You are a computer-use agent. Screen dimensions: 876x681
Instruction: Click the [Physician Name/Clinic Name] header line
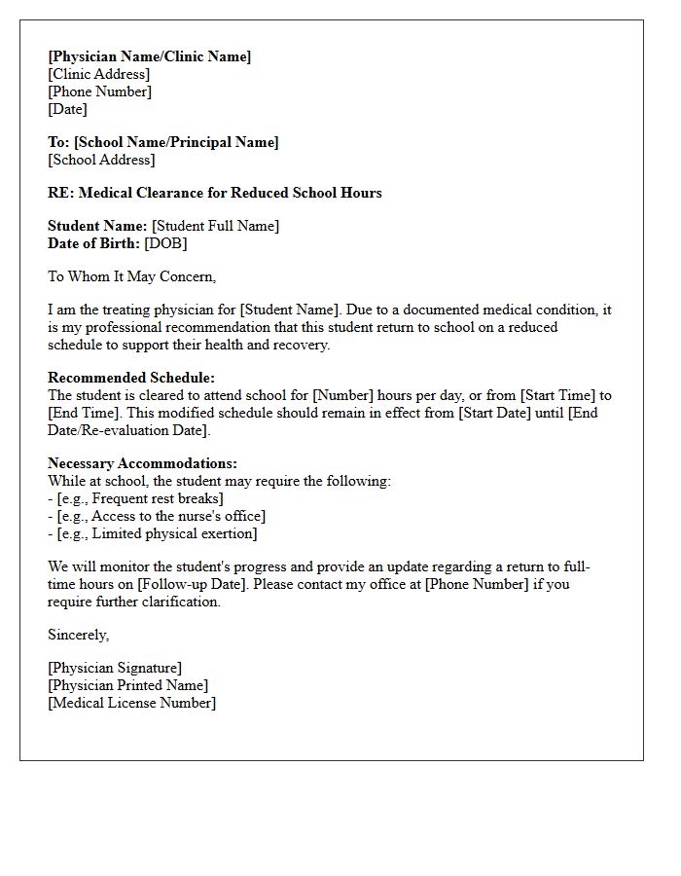click(149, 56)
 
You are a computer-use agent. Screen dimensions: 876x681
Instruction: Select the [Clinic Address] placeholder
click(98, 74)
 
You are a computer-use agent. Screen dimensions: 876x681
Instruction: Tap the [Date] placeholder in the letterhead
click(67, 109)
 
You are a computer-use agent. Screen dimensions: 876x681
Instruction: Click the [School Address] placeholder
click(101, 160)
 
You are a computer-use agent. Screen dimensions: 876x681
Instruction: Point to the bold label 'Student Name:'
click(97, 226)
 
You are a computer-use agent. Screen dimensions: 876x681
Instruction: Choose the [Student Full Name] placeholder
click(215, 226)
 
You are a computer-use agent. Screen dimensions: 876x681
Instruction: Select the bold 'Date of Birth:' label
click(94, 243)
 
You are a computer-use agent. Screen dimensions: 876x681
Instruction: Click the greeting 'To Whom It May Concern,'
click(131, 276)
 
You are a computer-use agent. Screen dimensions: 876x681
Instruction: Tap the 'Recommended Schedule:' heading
click(131, 378)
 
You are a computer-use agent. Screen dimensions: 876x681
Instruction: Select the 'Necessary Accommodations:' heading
click(142, 463)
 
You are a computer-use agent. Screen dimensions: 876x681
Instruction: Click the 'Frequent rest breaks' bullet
click(140, 498)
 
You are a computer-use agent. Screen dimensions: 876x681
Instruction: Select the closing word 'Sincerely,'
click(79, 635)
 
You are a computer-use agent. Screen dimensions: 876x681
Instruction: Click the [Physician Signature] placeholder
click(115, 668)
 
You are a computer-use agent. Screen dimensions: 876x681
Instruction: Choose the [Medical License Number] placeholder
click(131, 703)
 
